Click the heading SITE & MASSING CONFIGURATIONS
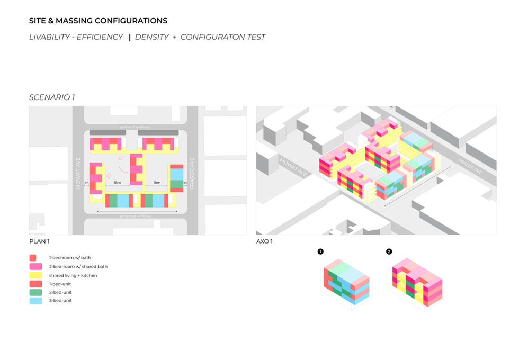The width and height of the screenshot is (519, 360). tap(98, 21)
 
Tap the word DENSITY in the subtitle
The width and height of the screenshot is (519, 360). tap(152, 37)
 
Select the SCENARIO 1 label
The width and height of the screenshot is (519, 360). tap(52, 97)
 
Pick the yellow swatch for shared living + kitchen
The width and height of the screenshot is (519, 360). tap(33, 275)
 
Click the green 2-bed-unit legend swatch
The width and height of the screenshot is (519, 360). tap(33, 292)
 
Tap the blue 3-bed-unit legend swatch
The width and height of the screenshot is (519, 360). tap(33, 301)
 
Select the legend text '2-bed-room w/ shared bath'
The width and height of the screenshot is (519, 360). tap(78, 267)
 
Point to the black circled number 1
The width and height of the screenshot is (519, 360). tap(320, 251)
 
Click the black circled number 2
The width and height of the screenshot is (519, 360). tap(389, 251)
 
